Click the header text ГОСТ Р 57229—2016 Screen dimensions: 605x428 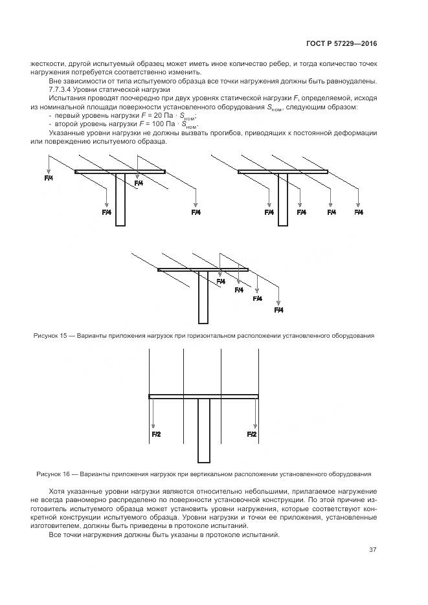pyautogui.click(x=341, y=44)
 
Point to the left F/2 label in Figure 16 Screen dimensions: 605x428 pyautogui.click(x=156, y=434)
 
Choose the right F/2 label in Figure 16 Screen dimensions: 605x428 pyautogui.click(x=252, y=434)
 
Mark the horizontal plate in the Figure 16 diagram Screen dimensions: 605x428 pyautogui.click(x=204, y=396)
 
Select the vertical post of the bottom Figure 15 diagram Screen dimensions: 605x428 pyautogui.click(x=203, y=298)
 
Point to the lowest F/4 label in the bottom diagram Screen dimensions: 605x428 pyautogui.click(x=279, y=310)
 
